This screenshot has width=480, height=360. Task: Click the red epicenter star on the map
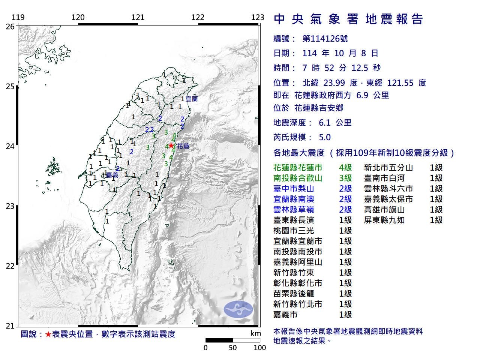(x=171, y=145)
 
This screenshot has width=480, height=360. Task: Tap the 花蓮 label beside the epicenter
(x=183, y=146)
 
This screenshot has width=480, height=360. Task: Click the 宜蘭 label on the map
(x=192, y=99)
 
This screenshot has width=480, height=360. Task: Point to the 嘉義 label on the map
(x=112, y=175)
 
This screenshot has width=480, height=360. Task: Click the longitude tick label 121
(x=138, y=17)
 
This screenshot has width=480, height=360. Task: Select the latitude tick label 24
(x=10, y=146)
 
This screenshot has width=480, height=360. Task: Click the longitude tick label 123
(x=258, y=17)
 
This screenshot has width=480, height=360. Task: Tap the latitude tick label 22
(x=10, y=266)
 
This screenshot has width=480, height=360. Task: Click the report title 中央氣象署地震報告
(x=348, y=19)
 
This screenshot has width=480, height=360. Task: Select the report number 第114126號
(x=325, y=39)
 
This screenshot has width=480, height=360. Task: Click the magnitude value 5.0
(x=325, y=137)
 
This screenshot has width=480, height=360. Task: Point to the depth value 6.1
(x=325, y=123)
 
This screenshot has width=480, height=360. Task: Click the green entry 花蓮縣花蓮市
(x=298, y=168)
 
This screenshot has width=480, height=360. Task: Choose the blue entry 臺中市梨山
(x=294, y=189)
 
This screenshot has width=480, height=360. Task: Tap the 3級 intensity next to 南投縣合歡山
(x=345, y=178)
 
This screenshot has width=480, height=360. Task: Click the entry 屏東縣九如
(x=384, y=220)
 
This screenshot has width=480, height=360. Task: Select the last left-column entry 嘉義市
(x=285, y=315)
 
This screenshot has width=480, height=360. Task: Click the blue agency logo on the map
(x=238, y=309)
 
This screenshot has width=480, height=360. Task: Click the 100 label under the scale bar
(x=260, y=348)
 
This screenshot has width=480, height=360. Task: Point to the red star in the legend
(x=48, y=334)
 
